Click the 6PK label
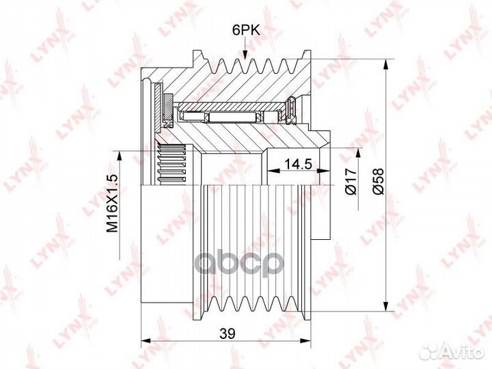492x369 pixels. click(x=246, y=31)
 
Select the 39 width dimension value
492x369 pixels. click(x=227, y=333)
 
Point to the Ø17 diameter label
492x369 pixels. click(x=351, y=181)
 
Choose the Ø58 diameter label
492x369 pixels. click(x=378, y=181)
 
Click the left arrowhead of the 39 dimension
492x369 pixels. click(x=147, y=341)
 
